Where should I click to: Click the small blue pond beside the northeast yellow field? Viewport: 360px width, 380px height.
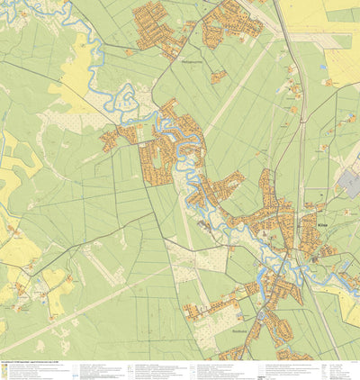coord(323,67)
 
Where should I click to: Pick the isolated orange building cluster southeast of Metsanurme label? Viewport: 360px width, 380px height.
coord(219,77)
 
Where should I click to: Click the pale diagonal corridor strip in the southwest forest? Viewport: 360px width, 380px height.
coord(72,306)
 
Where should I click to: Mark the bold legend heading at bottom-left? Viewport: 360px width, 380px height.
coord(27,363)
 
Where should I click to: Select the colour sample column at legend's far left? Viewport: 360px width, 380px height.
coord(4,371)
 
